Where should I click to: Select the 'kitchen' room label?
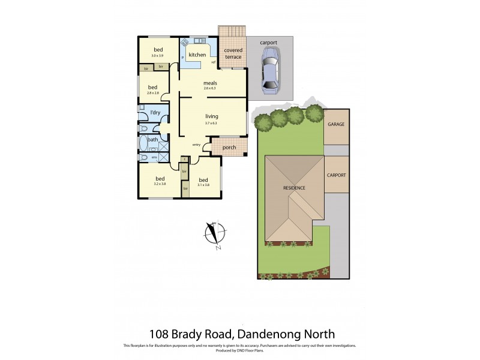[x=197, y=55]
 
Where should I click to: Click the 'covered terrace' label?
[x=233, y=54]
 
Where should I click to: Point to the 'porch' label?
[x=229, y=148]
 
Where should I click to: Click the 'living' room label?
[x=212, y=116]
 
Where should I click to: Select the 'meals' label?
[x=210, y=83]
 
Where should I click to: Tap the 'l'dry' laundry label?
[x=155, y=112]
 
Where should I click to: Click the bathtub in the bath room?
[x=144, y=144]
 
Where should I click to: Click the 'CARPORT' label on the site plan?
[x=336, y=176]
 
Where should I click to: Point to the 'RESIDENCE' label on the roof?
[x=295, y=188]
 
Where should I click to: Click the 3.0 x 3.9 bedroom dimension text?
[x=158, y=55]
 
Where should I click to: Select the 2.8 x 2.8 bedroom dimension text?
[x=152, y=93]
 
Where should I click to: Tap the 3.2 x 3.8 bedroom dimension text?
[x=160, y=184]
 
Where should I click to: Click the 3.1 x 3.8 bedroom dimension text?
[x=203, y=185]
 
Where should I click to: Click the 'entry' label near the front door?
[x=196, y=145]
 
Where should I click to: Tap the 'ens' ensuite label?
[x=154, y=157]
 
